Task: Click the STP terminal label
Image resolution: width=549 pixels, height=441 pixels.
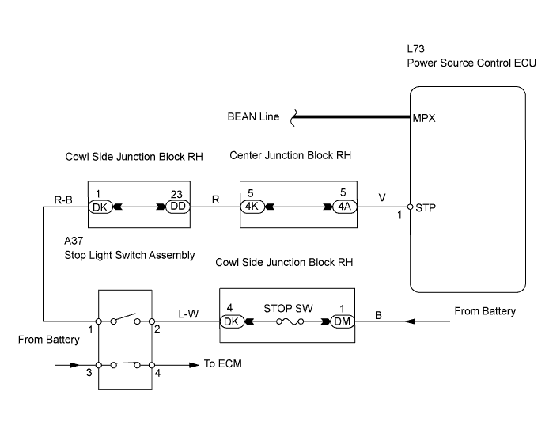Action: coord(423,207)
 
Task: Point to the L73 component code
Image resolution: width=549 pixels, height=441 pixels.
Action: coord(415,49)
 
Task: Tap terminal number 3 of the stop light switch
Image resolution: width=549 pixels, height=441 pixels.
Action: coord(89,373)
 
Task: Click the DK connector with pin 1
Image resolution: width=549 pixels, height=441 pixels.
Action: coord(100,207)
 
